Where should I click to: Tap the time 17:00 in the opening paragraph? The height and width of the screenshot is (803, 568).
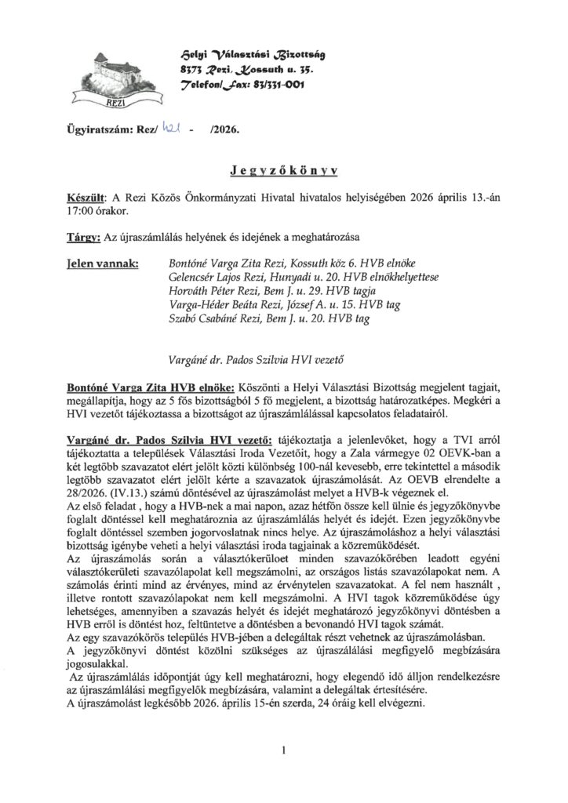[x=80, y=213]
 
